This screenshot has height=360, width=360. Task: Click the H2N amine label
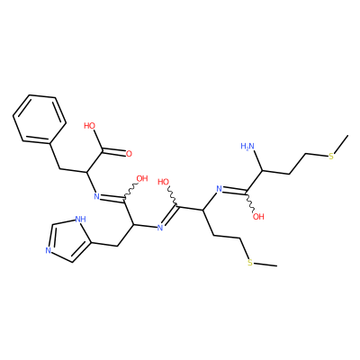pyautogui.click(x=247, y=146)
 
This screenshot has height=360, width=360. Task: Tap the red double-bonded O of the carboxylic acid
pyautogui.click(x=129, y=154)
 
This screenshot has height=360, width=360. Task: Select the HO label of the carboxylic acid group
pyautogui.click(x=89, y=125)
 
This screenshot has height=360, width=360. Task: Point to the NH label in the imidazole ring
pyautogui.click(x=80, y=220)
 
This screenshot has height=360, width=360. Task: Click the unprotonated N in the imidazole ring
pyautogui.click(x=48, y=250)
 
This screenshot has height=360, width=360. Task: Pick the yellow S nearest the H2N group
pyautogui.click(x=331, y=157)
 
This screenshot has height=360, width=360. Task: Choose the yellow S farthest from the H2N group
pyautogui.click(x=250, y=263)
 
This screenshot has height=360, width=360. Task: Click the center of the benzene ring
pyautogui.click(x=40, y=119)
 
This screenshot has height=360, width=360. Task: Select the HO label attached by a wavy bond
pyautogui.click(x=164, y=182)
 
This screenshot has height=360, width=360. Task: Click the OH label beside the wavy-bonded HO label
pyautogui.click(x=142, y=179)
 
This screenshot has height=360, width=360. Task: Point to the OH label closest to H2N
pyautogui.click(x=258, y=216)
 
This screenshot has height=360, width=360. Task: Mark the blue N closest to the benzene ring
pyautogui.click(x=96, y=196)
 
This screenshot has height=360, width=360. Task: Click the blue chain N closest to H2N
pyautogui.click(x=219, y=189)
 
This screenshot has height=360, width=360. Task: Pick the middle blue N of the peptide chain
pyautogui.click(x=160, y=228)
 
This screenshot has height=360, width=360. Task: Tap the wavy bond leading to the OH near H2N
pyautogui.click(x=250, y=202)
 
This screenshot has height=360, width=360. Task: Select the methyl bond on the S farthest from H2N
pyautogui.click(x=265, y=265)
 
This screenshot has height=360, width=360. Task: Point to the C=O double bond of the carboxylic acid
pyautogui.click(x=114, y=151)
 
